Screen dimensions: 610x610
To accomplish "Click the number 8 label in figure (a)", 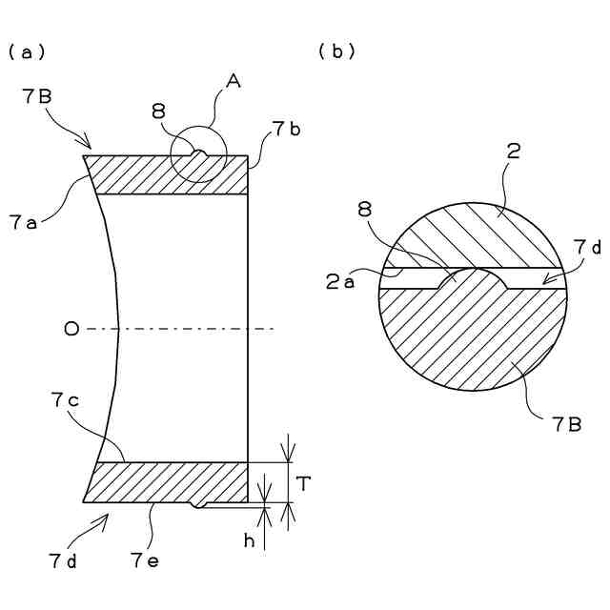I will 157,112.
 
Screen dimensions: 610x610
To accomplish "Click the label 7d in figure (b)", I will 586,247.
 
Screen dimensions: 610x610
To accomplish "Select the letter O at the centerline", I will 70,329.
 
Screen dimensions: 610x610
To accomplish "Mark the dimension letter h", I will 250,540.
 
